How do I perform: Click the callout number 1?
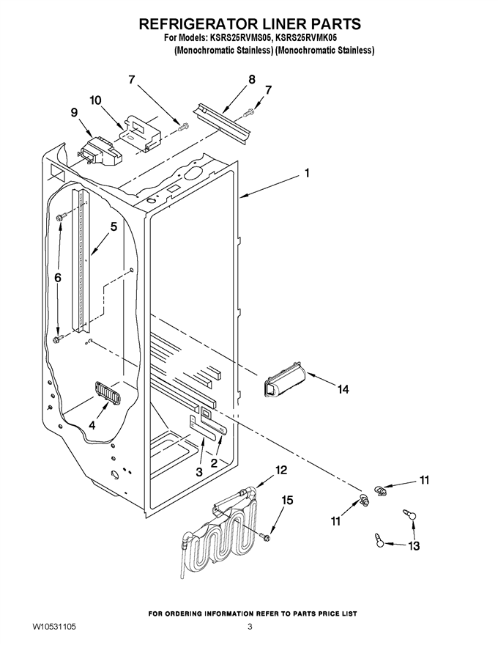pos(307,173)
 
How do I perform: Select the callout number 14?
pos(343,388)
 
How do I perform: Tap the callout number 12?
pos(281,470)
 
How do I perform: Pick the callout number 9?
pos(75,112)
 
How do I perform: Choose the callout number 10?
pos(96,100)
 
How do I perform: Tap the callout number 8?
pos(251,79)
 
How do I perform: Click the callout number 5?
pos(114,226)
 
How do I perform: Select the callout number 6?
pos(58,278)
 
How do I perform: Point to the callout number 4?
pos(92,426)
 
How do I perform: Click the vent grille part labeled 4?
pos(107,391)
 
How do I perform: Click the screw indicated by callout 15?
pos(264,536)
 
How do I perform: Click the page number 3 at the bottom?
pos(250,627)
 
